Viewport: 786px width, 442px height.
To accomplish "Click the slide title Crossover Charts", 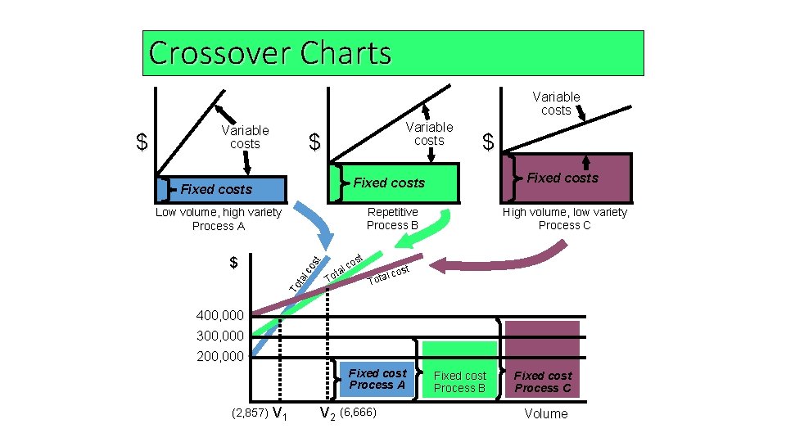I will pos(270,53).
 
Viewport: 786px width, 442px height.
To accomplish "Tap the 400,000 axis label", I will pos(220,316).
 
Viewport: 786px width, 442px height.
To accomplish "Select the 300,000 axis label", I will pos(220,336).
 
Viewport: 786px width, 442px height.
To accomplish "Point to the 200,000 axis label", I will pos(220,357).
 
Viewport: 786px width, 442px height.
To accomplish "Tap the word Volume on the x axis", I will pos(545,414).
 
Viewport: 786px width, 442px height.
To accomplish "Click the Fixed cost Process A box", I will pos(377,379).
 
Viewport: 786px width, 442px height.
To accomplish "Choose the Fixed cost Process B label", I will pos(459,382).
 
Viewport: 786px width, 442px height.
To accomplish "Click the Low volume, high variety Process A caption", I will pos(218,219).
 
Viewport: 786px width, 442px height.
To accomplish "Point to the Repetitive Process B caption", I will pos(392,219).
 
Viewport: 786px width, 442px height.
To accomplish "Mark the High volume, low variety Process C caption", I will pos(564,219).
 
